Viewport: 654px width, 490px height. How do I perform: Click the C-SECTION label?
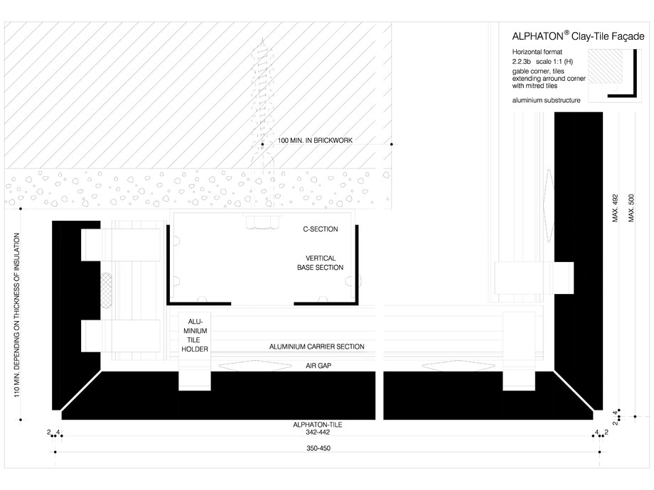click(x=320, y=229)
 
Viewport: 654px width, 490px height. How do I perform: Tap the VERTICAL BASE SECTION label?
click(x=320, y=263)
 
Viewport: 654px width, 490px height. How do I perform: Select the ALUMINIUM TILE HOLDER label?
click(x=194, y=334)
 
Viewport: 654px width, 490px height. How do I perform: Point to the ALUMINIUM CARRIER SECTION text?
click(x=316, y=347)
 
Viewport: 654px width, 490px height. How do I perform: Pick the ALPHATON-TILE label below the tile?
click(x=317, y=425)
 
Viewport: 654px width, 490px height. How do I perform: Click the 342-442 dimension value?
click(x=317, y=432)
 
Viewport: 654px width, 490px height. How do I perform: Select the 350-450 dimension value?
click(x=317, y=449)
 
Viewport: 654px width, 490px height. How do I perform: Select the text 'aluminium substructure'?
click(x=546, y=100)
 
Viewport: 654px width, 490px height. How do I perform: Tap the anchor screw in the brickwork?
click(x=264, y=107)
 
